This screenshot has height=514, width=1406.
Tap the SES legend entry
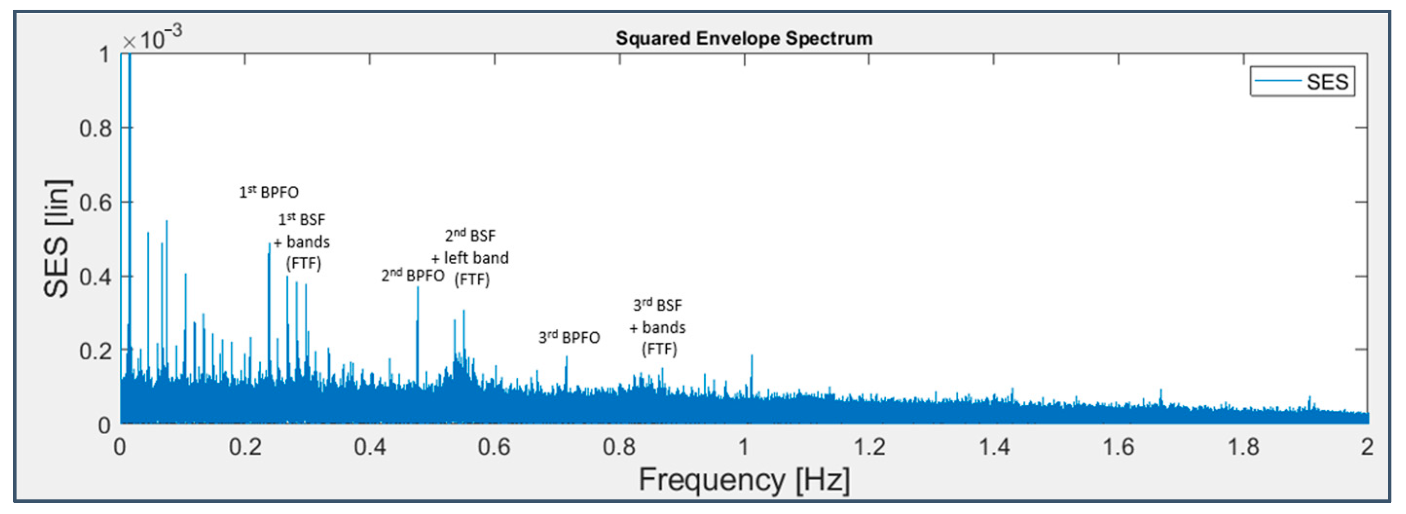[1302, 82]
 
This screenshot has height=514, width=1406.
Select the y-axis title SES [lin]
[57, 238]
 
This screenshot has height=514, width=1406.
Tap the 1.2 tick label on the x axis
[868, 447]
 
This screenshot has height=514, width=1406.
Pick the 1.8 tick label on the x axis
[1243, 447]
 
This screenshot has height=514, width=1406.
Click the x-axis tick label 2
[1367, 447]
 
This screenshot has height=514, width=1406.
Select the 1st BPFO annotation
[269, 192]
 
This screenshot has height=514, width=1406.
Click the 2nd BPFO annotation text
[412, 275]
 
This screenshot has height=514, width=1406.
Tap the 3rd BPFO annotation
[569, 337]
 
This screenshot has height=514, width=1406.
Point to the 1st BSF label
[302, 219]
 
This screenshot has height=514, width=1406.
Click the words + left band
[470, 258]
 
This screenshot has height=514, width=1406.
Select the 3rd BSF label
[657, 305]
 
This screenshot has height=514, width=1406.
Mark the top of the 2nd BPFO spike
[418, 287]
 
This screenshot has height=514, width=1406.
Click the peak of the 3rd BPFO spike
[566, 357]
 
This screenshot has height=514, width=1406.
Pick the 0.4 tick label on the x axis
[369, 447]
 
